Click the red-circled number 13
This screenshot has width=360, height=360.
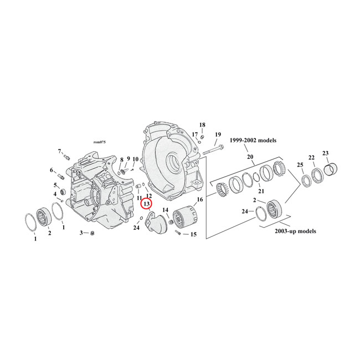146,204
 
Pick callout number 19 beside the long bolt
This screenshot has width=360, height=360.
218,135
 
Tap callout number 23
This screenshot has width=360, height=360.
325,153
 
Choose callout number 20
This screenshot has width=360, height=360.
250,157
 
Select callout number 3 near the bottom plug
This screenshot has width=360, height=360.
81,233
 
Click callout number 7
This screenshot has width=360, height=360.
59,151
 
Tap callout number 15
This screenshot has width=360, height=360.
193,234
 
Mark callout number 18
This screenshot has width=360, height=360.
202,125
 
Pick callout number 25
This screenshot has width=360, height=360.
300,166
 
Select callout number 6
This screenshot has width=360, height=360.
52,171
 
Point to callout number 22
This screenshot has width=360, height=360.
312,157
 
